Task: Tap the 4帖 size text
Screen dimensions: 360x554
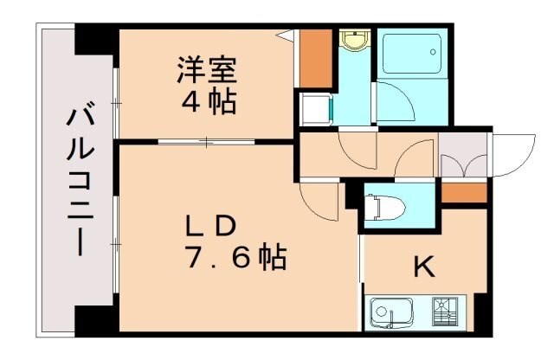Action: pos(208,102)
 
